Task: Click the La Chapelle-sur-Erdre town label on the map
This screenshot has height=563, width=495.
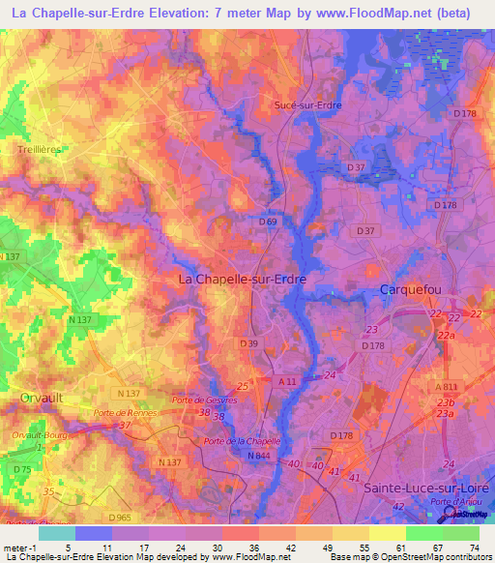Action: [243, 279]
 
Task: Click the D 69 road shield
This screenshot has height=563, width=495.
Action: [269, 222]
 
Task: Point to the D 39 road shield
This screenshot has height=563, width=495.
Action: [249, 343]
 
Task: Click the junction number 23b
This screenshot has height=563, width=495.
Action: [445, 403]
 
